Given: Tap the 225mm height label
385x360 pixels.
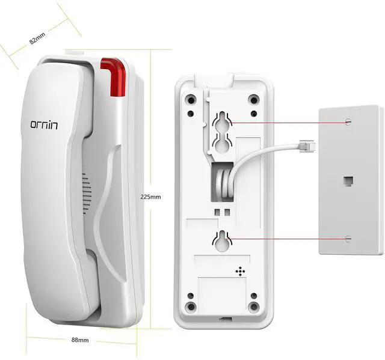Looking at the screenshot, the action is [150, 197].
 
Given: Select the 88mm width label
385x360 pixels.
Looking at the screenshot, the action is [79, 340].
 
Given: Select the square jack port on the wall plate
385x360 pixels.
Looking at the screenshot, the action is [348, 180].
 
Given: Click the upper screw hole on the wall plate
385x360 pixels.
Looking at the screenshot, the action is [348, 122].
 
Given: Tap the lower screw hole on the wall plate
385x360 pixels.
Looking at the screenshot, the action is [348, 239].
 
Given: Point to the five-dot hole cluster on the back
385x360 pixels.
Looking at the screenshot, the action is [241, 272].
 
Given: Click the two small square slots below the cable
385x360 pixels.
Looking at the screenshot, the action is [221, 211].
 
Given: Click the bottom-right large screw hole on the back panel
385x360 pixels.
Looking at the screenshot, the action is [253, 307].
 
